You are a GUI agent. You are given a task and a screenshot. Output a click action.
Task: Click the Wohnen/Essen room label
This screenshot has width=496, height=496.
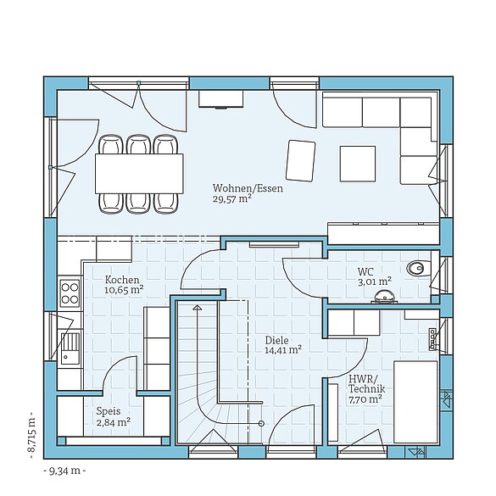pyautogui.click(x=248, y=188)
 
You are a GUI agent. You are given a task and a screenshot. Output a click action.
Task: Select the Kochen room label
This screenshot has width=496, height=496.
pyautogui.click(x=122, y=279)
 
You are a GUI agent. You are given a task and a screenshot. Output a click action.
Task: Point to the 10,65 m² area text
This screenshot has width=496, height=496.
pyautogui.click(x=124, y=289)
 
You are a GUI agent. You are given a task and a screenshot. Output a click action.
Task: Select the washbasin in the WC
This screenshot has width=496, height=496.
pyautogui.click(x=387, y=296)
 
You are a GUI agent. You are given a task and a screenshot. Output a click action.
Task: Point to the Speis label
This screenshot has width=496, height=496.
pyautogui.click(x=108, y=410)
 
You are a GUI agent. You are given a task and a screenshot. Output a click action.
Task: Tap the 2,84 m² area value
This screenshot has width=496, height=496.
pyautogui.click(x=112, y=421)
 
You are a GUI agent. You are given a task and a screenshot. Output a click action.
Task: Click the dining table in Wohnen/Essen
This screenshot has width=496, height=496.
pyautogui.click(x=139, y=173)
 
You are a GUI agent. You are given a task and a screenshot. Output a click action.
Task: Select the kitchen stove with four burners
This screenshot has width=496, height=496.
pyautogui.click(x=69, y=293)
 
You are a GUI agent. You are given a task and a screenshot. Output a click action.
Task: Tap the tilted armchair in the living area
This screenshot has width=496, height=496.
pyautogui.click(x=301, y=159)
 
